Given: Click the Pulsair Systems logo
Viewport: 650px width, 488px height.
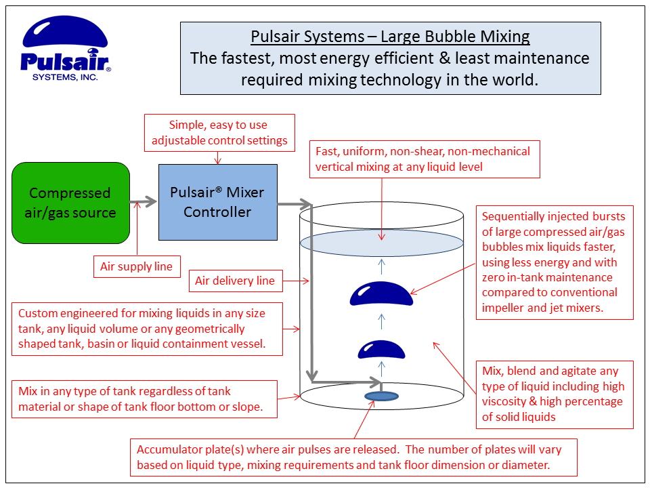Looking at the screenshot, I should coord(65,47).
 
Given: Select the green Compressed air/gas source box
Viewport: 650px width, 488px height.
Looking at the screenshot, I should coord(70,203).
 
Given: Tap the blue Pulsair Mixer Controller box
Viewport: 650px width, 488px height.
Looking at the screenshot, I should coord(217,202).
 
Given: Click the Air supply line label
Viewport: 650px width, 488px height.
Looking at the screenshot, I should coord(136,266).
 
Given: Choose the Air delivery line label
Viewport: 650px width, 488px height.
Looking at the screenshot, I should coord(235,281).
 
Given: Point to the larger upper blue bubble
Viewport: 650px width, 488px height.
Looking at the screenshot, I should coord(381,293).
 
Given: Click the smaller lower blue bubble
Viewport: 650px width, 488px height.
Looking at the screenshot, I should coord(381,349).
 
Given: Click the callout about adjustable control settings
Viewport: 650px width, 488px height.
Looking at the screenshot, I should coord(219,133).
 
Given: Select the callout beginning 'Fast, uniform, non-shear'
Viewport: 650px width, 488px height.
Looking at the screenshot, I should coord(423,159).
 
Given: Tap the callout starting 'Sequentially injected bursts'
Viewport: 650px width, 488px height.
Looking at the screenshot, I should coord(555,262).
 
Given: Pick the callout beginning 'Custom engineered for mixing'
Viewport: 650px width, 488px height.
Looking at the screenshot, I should coord(148,329).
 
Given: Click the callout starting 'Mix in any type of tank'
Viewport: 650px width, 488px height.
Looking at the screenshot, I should coord(145,399).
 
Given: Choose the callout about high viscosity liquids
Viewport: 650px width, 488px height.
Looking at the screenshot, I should coord(555,394).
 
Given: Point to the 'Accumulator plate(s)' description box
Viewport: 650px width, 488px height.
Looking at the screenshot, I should coord(353,457).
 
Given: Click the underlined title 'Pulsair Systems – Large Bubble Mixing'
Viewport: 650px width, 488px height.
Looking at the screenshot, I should coord(390,37).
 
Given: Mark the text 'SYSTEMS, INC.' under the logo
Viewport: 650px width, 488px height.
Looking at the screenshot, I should coord(65,77).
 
